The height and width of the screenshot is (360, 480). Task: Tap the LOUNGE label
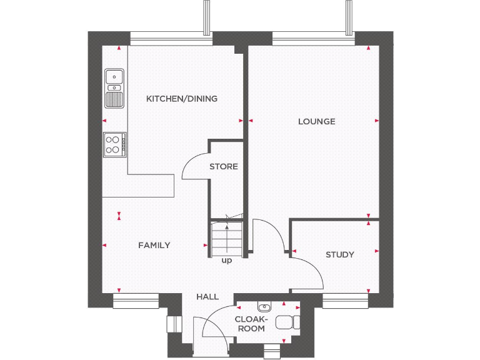(x=316, y=121)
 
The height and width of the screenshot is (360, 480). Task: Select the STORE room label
(x=223, y=167)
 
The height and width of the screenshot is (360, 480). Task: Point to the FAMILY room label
(x=154, y=245)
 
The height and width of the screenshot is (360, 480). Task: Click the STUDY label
(x=339, y=254)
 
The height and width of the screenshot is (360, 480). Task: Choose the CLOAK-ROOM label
(x=250, y=323)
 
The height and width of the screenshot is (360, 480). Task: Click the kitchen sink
(x=114, y=87)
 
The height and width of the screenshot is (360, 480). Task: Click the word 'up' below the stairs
(x=226, y=260)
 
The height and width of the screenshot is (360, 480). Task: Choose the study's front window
(x=346, y=301)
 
